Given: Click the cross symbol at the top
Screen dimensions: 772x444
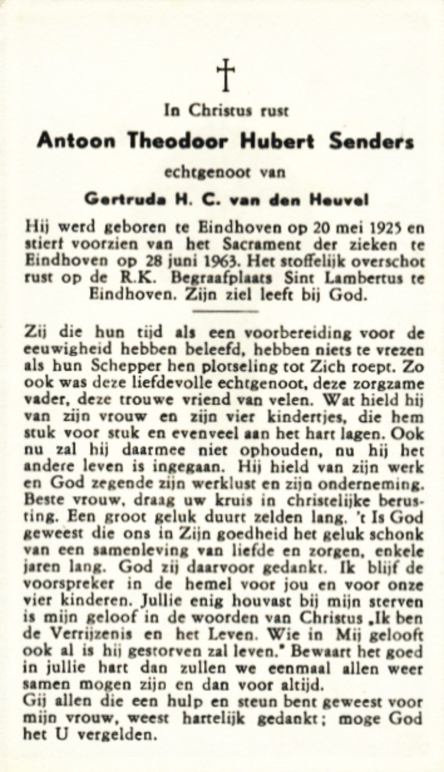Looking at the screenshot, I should click(225, 75).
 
